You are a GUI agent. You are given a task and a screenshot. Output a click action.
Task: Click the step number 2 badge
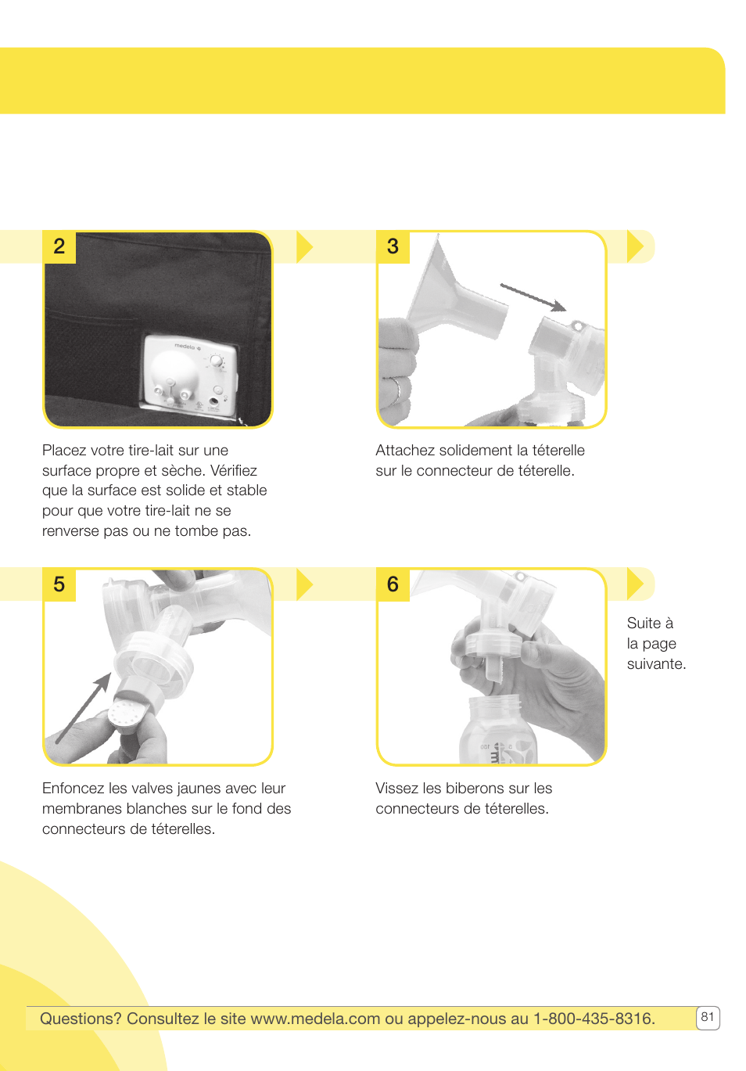pyautogui.click(x=59, y=246)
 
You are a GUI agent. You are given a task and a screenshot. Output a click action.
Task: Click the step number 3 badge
pyautogui.click(x=393, y=246)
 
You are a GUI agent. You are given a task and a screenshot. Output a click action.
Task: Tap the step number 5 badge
pyautogui.click(x=59, y=584)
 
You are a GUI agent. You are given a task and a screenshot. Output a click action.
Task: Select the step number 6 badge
pyautogui.click(x=393, y=584)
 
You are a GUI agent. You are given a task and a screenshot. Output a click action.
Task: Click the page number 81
pyautogui.click(x=707, y=1017)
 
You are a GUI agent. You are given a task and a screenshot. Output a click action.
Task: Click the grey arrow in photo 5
pyautogui.click(x=83, y=708)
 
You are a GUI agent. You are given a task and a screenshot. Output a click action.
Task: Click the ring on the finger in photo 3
pyautogui.click(x=398, y=388)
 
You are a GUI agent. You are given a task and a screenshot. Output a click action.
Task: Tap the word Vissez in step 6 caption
pyautogui.click(x=396, y=789)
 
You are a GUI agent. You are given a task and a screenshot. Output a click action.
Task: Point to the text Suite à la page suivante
pyautogui.click(x=655, y=643)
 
